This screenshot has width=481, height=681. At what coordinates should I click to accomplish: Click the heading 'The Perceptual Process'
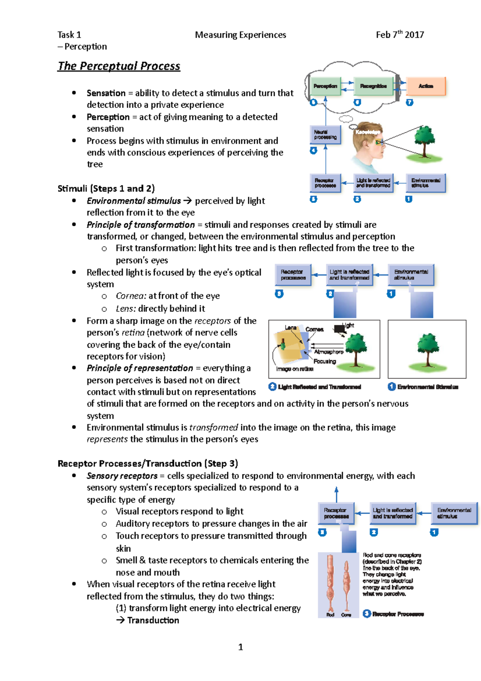119,66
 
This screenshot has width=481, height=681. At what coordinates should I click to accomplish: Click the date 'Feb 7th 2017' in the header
400,35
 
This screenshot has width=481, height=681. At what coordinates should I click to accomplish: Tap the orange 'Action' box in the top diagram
426,86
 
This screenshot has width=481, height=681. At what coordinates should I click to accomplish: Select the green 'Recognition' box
373,86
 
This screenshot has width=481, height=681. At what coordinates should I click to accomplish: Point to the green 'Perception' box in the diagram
325,86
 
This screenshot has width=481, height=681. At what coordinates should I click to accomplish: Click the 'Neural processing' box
325,135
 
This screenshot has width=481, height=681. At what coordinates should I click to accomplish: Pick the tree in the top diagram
424,140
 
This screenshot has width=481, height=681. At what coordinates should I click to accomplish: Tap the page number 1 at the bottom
240,647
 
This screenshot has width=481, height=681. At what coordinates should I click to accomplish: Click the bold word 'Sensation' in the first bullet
106,93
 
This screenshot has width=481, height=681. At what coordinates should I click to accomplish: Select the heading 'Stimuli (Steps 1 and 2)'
106,188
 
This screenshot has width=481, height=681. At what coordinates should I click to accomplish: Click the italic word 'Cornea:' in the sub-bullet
131,296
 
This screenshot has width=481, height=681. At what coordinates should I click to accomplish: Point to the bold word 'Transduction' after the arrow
153,620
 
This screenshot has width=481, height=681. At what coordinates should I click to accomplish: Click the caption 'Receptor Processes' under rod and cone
398,614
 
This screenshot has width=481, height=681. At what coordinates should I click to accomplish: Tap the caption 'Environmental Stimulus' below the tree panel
427,387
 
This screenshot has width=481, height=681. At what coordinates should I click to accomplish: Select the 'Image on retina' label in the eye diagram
295,369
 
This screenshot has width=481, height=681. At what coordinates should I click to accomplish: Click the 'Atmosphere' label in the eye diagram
329,352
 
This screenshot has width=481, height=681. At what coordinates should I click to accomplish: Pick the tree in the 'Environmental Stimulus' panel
428,349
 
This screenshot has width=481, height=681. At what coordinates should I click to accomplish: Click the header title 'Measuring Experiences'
240,35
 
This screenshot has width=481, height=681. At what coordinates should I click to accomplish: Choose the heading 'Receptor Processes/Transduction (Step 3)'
148,464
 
